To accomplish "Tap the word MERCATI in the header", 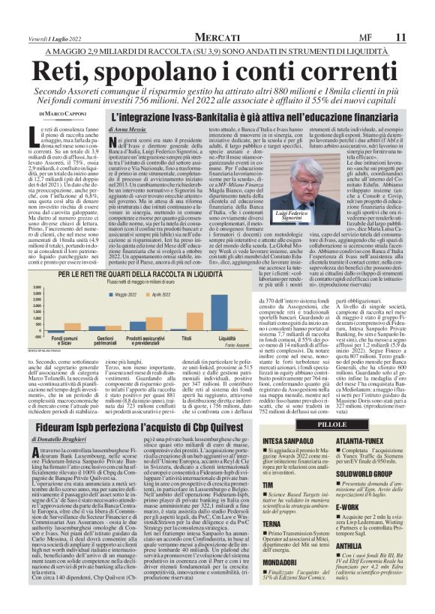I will point(218,37).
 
